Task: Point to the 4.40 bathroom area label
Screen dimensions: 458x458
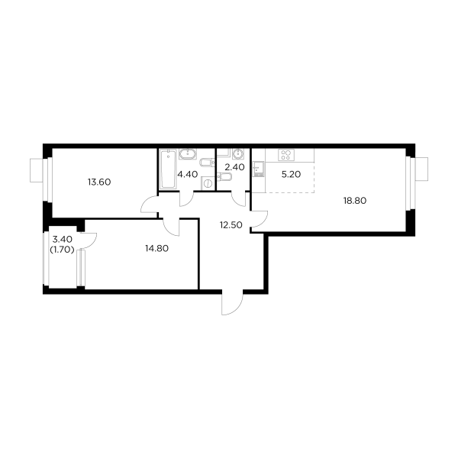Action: coord(187,174)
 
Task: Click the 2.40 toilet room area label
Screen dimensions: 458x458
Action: coord(232,166)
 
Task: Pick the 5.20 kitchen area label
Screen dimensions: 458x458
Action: coord(289,174)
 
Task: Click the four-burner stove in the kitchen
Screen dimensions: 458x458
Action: coord(286,154)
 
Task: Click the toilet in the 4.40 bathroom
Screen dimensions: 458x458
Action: coord(206,162)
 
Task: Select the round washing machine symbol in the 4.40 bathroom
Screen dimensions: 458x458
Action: coord(208,184)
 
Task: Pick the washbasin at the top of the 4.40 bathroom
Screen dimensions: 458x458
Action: coord(189,154)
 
